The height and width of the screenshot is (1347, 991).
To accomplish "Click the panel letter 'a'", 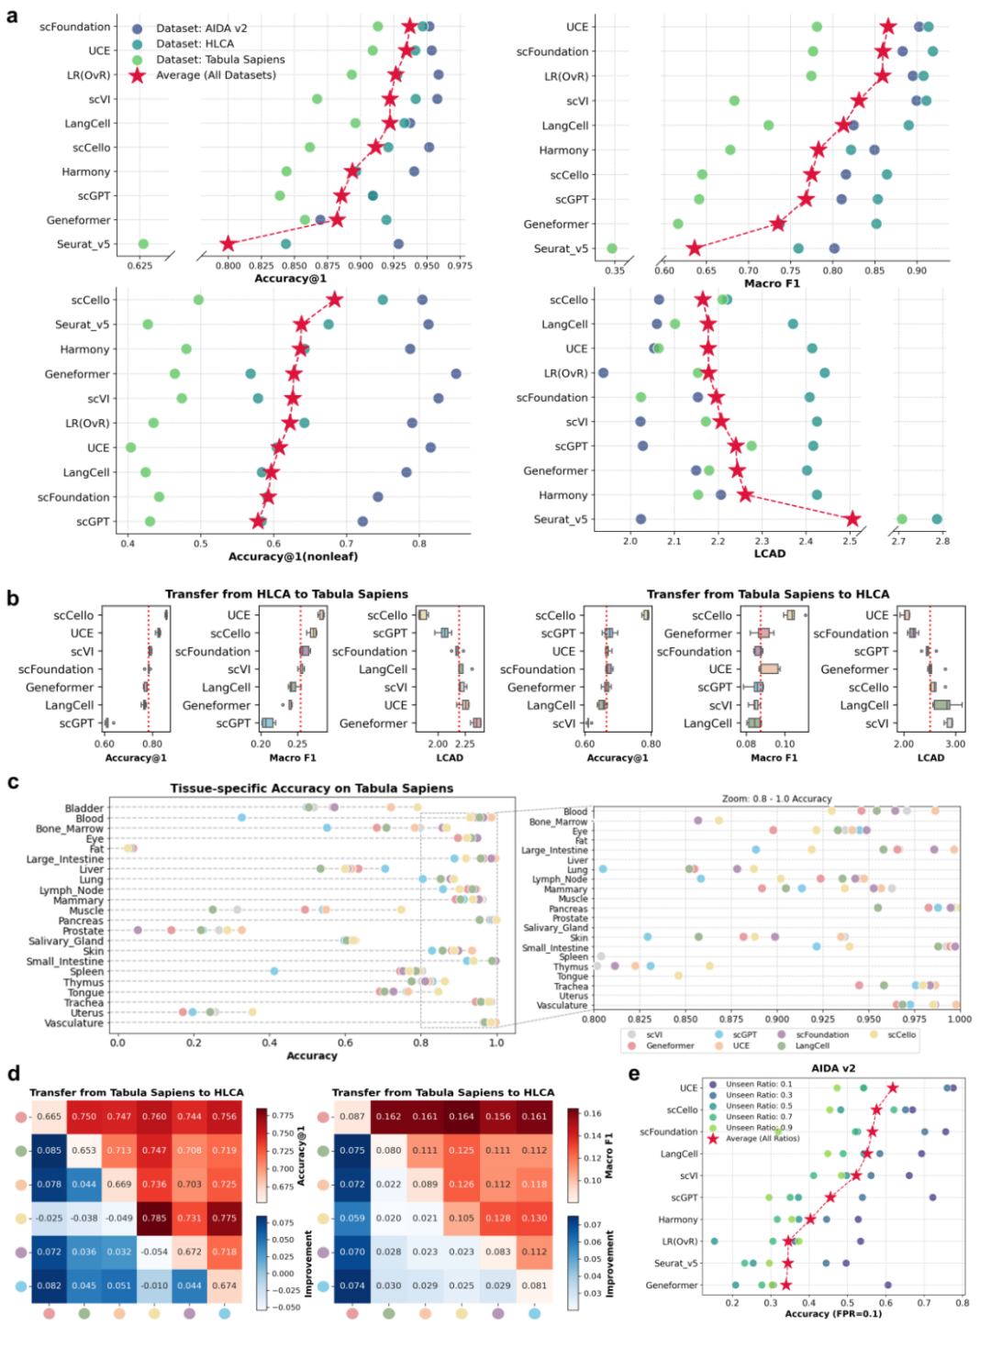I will (12, 16).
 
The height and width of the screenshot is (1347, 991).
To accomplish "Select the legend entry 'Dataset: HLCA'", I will (195, 43).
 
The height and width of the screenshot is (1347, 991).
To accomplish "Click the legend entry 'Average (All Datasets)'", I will (216, 75).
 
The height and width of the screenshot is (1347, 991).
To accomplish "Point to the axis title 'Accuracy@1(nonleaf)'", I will (293, 557).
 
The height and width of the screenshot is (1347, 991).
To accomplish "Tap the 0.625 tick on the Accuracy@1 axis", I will (139, 266).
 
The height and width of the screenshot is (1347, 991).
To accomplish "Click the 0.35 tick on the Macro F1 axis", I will (615, 271).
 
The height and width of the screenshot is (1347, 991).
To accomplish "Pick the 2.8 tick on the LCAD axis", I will (942, 541).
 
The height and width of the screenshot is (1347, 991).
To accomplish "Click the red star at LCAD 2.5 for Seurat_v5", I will (852, 519).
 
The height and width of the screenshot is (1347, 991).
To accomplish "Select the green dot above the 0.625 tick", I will (143, 244).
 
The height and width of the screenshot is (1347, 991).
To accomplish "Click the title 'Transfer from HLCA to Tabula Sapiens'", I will (286, 594).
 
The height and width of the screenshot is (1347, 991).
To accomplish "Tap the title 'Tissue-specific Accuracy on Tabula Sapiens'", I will (311, 789).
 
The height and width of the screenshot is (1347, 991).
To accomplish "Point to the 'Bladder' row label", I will (84, 809).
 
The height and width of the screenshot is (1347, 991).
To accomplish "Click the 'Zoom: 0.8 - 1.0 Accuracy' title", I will (776, 799).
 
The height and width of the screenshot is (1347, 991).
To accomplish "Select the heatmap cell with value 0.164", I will (462, 1117).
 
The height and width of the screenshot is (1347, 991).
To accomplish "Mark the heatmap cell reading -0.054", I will (154, 1252).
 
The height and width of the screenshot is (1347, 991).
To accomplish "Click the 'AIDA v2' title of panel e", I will (833, 1068).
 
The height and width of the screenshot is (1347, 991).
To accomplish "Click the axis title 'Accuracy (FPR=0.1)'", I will (833, 1314).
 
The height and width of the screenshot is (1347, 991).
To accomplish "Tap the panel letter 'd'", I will (14, 1074).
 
